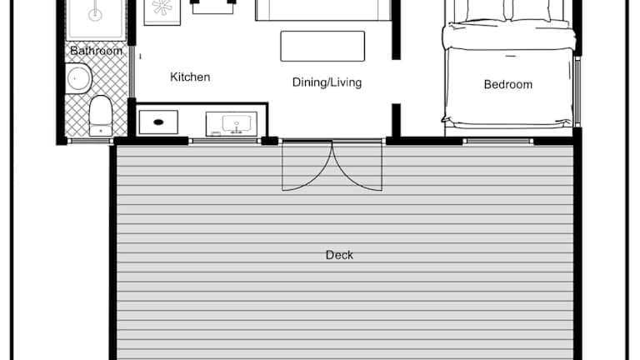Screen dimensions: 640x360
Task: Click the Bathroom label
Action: (97, 51)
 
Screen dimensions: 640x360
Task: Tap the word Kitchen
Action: (190, 77)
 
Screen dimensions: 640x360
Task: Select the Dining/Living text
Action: (327, 82)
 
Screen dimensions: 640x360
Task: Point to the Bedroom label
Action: (508, 84)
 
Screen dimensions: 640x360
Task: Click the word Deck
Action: (340, 255)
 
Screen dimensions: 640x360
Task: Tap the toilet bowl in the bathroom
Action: (100, 110)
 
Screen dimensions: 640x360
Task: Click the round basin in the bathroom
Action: (79, 78)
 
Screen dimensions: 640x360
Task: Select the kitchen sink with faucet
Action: (237, 123)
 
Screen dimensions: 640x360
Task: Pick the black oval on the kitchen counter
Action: (158, 122)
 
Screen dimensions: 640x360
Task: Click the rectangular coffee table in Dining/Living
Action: (322, 46)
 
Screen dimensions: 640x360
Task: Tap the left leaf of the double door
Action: (307, 166)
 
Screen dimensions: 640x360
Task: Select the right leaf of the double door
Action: (357, 166)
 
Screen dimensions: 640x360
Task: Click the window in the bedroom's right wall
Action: (577, 91)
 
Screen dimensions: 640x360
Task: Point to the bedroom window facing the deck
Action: (498, 142)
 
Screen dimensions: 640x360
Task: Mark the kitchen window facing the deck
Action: (224, 142)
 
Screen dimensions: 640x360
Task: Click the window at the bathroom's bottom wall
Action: (90, 141)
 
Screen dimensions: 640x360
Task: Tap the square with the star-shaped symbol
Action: (162, 12)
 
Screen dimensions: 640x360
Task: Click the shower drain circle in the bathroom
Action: (95, 15)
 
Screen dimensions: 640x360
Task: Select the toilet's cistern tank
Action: (100, 131)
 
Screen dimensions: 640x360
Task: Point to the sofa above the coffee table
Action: (323, 10)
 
